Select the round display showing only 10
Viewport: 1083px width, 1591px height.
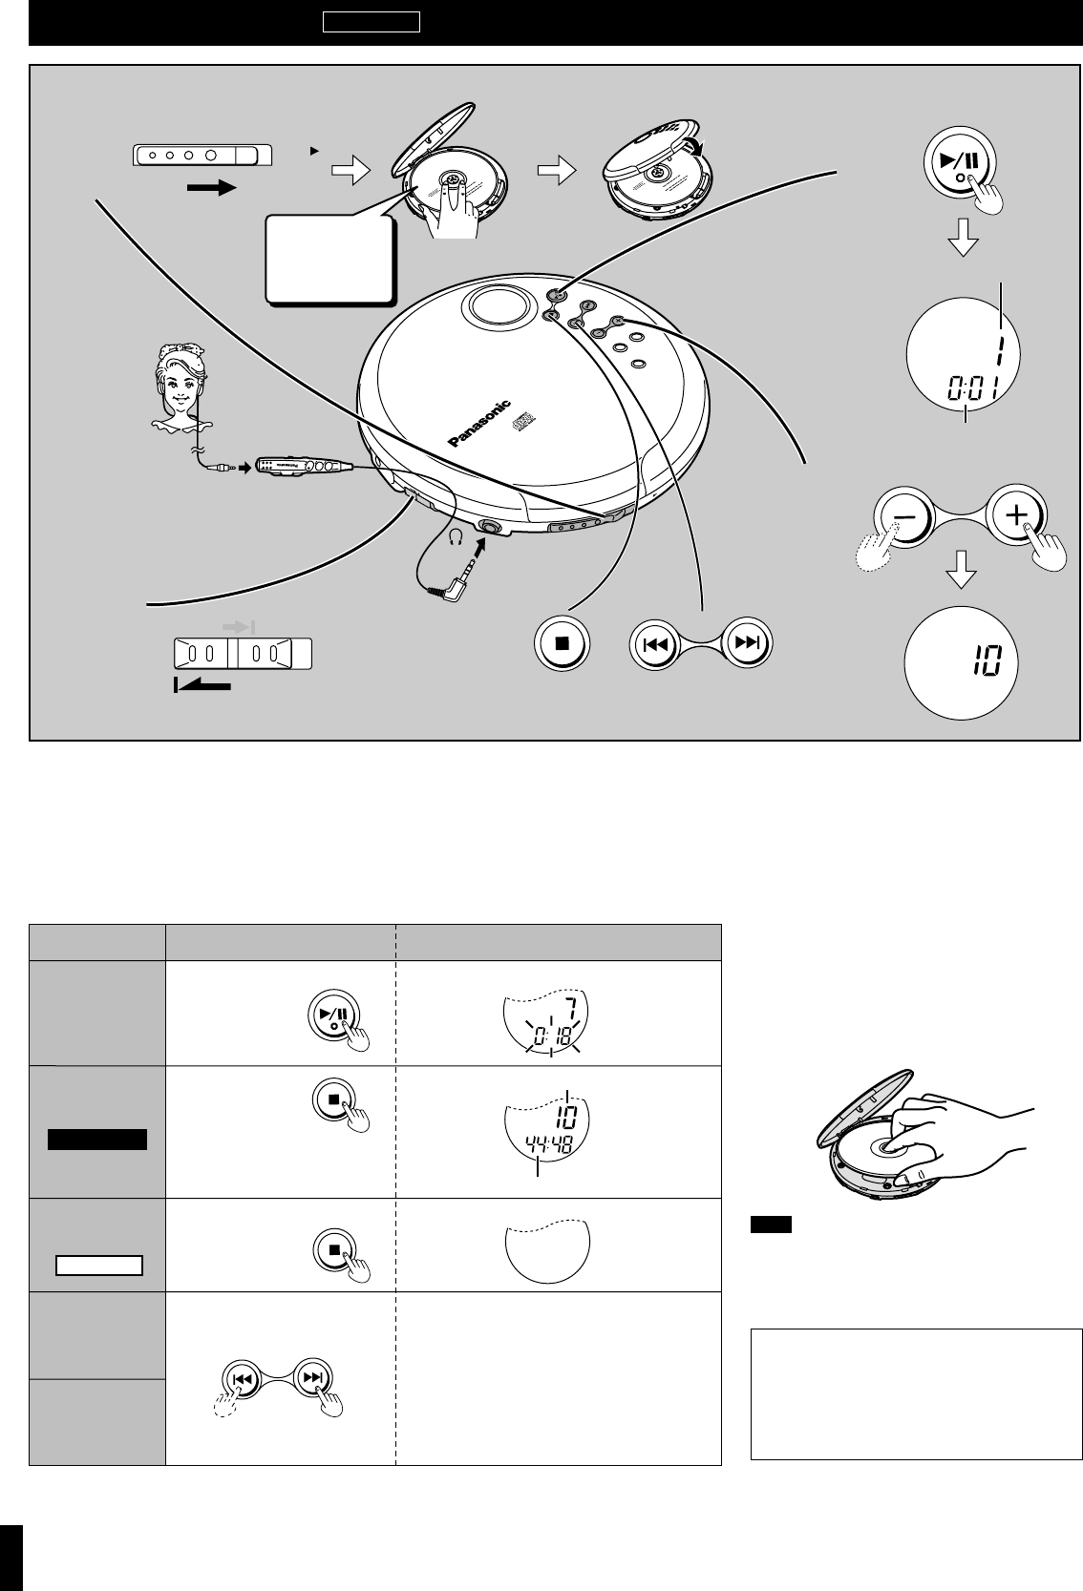962,662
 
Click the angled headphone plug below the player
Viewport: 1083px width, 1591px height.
454,582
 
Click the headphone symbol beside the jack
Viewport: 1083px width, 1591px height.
457,536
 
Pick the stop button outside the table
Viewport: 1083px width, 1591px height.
562,643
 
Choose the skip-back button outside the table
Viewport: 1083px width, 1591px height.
654,644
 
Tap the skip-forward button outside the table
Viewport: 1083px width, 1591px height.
747,642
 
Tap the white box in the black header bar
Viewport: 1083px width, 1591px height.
371,22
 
